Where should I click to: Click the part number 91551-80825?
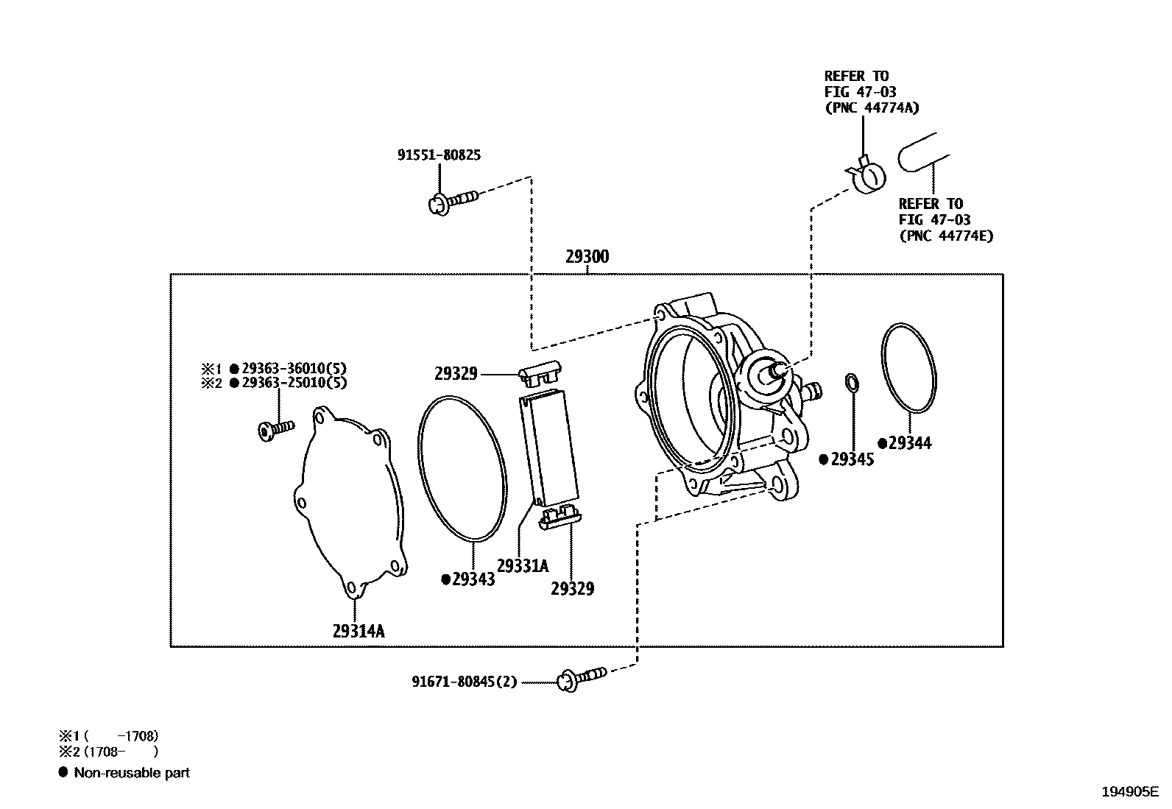coord(439,155)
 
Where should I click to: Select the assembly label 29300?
coord(587,258)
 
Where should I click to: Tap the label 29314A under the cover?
coord(359,631)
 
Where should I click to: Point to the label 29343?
coord(473,579)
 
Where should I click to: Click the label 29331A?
coord(523,565)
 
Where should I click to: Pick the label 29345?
coord(852,460)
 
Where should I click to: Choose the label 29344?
coord(909,443)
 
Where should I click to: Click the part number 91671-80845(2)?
coord(465,682)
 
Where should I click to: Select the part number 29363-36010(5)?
coord(294,368)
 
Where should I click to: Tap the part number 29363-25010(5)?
coord(294,383)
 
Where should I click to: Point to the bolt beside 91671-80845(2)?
coord(582,676)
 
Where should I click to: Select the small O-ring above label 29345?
coord(852,382)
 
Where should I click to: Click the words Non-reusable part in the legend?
coord(132,773)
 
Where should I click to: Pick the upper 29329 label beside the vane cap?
coord(456,374)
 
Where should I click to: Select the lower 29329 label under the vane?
coord(572,588)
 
